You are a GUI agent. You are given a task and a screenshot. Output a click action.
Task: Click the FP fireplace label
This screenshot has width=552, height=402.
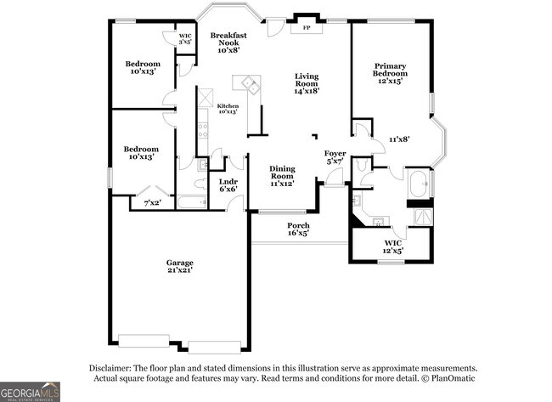pos(306,27)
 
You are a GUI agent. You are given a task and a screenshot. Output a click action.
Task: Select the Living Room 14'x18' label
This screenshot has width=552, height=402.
pos(306,83)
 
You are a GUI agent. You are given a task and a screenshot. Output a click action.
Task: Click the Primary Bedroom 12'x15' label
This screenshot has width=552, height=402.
pos(391,73)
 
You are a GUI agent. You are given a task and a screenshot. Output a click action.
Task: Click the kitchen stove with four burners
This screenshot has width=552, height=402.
pos(203,130)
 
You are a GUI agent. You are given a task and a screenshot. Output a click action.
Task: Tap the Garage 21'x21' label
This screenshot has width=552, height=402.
pos(179,268)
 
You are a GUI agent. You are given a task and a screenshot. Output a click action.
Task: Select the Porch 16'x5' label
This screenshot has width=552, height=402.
pos(297,228)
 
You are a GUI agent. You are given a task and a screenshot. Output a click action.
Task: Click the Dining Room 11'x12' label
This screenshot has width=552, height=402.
pos(281,176)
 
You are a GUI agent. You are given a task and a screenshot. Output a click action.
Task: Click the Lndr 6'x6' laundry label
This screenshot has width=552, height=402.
pos(228,185)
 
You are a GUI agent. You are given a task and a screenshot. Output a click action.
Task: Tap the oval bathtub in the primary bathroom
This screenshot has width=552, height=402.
pos(419,183)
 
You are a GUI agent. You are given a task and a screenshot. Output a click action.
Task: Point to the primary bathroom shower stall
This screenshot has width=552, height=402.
pos(421,217)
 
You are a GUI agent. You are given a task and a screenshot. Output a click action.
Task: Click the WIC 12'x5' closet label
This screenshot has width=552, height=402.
pos(392,247)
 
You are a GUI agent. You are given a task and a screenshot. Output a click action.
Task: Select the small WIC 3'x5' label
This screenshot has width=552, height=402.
pos(185,38)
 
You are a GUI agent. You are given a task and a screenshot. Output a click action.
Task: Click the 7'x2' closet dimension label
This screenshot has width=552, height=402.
pos(153,202)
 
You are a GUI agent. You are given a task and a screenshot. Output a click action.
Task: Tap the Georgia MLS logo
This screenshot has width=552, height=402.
pos(30,392)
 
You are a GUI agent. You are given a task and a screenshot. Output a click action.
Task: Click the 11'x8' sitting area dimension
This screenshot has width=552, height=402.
pos(400,138)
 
